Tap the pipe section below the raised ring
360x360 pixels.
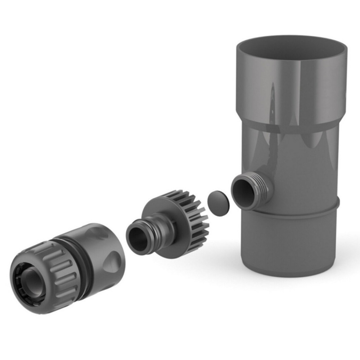pyautogui.click(x=292, y=243)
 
